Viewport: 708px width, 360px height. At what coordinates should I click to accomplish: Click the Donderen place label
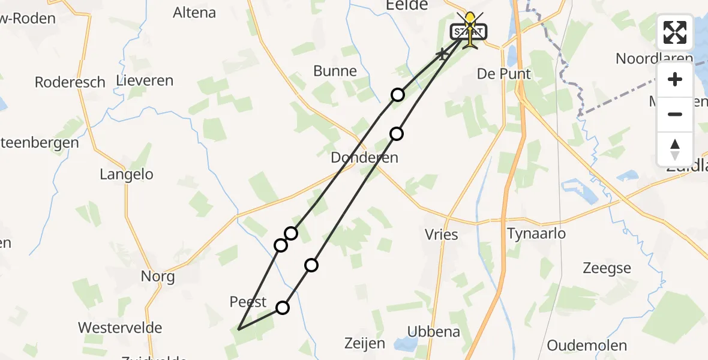364,158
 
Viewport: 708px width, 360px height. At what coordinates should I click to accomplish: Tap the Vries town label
441,234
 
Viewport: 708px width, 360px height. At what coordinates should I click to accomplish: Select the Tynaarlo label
536,233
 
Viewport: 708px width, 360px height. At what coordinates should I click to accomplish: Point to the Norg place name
158,276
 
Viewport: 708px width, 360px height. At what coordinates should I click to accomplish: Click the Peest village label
248,301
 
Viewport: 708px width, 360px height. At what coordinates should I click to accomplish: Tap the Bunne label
335,71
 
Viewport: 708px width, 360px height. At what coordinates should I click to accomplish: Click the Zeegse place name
607,268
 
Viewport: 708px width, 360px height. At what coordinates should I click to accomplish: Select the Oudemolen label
587,346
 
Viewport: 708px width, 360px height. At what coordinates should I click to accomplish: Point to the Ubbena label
434,331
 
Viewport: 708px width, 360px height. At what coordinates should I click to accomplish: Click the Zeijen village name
365,343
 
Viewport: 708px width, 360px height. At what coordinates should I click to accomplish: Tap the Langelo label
127,175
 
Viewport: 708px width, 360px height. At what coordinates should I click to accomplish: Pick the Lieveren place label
145,80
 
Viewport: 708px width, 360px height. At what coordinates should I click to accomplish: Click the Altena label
195,12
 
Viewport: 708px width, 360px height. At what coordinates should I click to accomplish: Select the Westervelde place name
121,328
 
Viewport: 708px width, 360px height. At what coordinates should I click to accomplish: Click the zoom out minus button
675,115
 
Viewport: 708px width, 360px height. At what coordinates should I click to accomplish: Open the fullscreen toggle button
675,32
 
